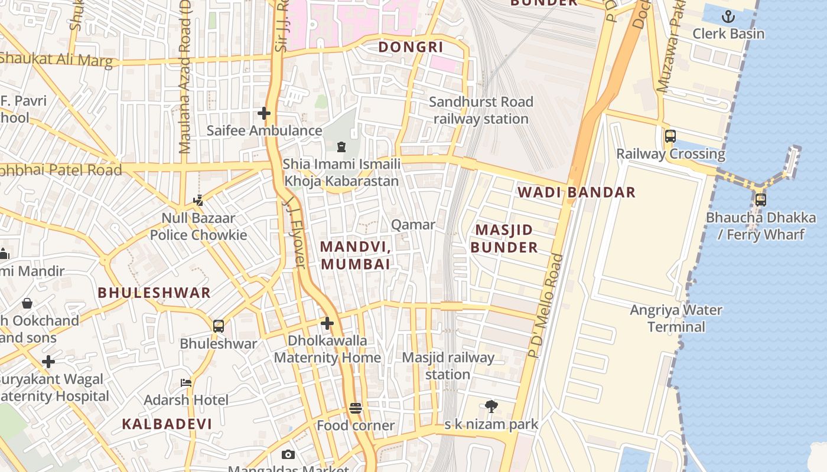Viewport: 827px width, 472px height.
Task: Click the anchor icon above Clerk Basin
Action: tap(728, 16)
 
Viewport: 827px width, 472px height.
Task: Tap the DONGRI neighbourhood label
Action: tap(411, 47)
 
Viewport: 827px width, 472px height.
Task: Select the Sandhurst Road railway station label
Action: tap(481, 110)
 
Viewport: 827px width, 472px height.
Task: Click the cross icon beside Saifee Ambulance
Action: tap(264, 113)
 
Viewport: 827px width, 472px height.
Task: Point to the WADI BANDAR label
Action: tap(577, 192)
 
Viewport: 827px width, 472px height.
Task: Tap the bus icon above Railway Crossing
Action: tap(670, 136)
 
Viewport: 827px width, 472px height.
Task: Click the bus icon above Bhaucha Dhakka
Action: tap(760, 199)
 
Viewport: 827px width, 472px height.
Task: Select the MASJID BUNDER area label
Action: tap(504, 238)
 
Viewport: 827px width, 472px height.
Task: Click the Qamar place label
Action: tap(413, 225)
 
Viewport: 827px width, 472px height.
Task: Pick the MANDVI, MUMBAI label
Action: tap(356, 255)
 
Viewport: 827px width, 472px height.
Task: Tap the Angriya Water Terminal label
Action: tap(676, 319)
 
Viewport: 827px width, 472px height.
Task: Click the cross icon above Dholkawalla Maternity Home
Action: tap(327, 323)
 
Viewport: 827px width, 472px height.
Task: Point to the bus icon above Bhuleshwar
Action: tap(219, 326)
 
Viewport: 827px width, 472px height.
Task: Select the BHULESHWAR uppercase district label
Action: tap(154, 293)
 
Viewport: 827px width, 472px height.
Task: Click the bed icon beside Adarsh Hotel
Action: tap(186, 382)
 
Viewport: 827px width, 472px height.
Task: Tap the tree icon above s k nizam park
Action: tap(491, 406)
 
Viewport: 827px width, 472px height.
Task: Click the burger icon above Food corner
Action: tap(356, 408)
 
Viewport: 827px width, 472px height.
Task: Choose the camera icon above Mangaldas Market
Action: tap(288, 454)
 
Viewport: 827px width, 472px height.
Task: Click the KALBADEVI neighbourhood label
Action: tap(167, 424)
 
